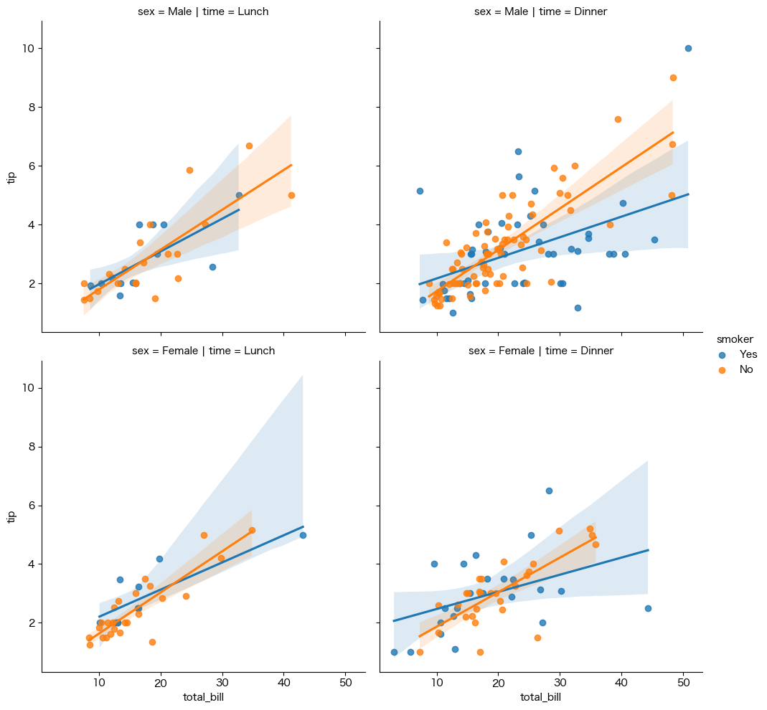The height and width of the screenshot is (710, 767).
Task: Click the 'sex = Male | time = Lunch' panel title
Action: coord(204,11)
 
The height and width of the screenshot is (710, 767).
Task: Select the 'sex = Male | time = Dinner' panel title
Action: coord(541,11)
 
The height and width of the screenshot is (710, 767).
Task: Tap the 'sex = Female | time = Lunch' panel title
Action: coord(204,351)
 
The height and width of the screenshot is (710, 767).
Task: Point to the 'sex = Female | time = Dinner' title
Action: coord(541,351)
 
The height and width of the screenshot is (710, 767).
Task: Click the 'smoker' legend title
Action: coord(735,339)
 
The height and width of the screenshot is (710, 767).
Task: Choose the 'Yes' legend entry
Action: coord(748,354)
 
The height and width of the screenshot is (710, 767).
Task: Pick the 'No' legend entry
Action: coord(746,369)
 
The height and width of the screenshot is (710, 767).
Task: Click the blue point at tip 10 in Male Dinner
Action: coord(688,49)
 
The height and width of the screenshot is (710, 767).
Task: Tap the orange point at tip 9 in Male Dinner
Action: coord(673,77)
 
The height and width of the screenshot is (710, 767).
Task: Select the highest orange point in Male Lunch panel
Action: coord(249,146)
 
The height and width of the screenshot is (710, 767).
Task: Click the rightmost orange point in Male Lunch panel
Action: coord(291,196)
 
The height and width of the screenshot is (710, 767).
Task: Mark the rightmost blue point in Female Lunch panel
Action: coord(303,536)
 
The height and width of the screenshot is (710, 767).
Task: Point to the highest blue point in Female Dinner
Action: coord(549,491)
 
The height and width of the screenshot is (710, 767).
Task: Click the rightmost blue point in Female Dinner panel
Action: coord(648,608)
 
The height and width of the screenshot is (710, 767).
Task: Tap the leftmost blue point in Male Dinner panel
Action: coord(420,191)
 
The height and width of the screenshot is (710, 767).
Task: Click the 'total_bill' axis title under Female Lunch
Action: coord(204,697)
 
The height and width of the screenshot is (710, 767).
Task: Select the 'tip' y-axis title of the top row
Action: coord(11,177)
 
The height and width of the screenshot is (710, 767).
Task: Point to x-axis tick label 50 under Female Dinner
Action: coord(683,682)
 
